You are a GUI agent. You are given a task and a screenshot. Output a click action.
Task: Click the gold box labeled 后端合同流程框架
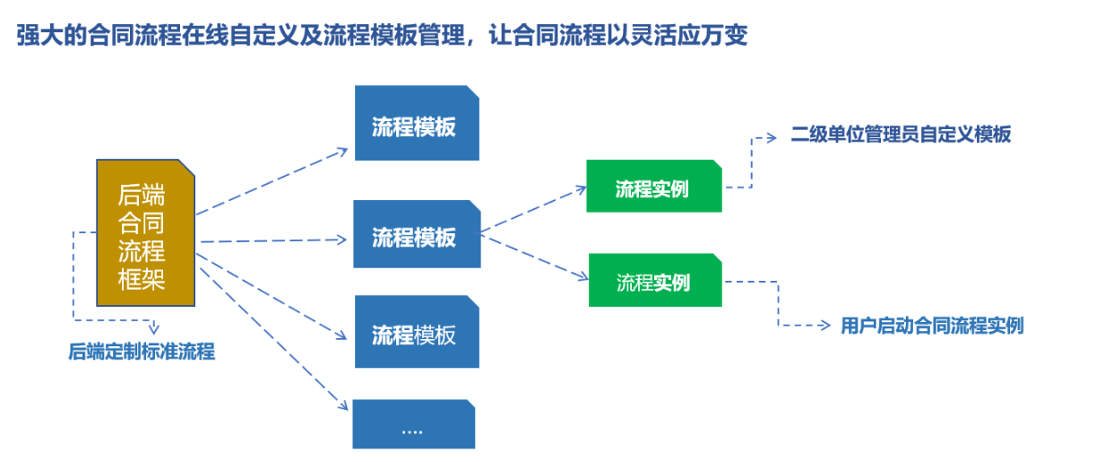(x=146, y=232)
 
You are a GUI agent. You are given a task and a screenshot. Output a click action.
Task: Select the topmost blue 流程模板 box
(x=417, y=123)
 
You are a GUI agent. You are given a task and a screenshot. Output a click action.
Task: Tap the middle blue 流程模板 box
(x=417, y=234)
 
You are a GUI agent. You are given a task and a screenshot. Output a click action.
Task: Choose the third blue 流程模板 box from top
(x=417, y=332)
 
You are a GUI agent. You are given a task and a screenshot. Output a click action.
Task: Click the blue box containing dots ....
(x=414, y=424)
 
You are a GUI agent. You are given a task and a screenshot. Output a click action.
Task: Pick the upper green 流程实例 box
(x=654, y=187)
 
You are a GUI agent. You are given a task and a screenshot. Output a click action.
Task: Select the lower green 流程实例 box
(x=655, y=280)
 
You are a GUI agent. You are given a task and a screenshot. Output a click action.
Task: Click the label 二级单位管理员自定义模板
(x=901, y=135)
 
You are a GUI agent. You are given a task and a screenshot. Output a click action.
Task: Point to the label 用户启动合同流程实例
(x=932, y=326)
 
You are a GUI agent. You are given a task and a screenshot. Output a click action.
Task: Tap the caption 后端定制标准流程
(x=142, y=352)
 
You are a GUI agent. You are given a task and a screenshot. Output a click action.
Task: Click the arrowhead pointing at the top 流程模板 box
(x=342, y=152)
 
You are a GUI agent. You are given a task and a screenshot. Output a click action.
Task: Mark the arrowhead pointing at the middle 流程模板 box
(x=341, y=240)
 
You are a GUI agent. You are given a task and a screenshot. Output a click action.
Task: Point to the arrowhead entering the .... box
(x=343, y=405)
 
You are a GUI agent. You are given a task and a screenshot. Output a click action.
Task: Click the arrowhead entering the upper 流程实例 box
(x=581, y=189)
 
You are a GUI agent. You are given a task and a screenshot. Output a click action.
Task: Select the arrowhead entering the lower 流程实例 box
(x=583, y=276)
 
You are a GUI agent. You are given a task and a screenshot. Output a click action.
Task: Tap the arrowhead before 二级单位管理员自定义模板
(x=772, y=138)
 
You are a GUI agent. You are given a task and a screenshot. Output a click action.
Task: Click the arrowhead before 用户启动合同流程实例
(x=825, y=326)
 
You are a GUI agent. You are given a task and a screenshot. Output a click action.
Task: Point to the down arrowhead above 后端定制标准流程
(x=153, y=328)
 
